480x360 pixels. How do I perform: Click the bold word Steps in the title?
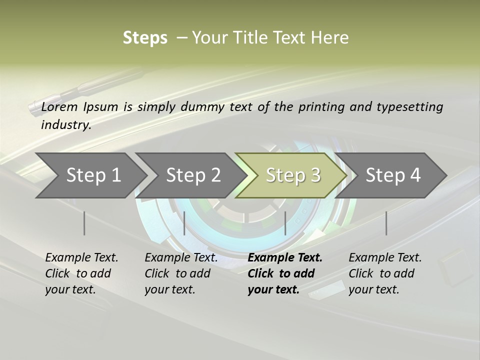145,38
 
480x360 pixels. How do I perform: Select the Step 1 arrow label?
93,175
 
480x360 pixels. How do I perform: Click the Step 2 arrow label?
193,175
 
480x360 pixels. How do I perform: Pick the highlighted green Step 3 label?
293,175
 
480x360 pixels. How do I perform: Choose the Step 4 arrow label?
393,175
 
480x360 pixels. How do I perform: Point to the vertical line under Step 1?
84,223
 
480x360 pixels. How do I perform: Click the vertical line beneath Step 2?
184,223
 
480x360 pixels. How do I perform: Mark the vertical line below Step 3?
285,223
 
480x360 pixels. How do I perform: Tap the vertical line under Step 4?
386,223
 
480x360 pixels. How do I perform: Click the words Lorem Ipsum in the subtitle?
79,107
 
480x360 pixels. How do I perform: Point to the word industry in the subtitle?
66,125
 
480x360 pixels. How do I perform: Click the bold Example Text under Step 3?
285,258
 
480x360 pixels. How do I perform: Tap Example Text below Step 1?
81,258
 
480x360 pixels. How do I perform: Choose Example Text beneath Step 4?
385,258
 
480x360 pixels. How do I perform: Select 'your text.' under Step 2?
170,289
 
